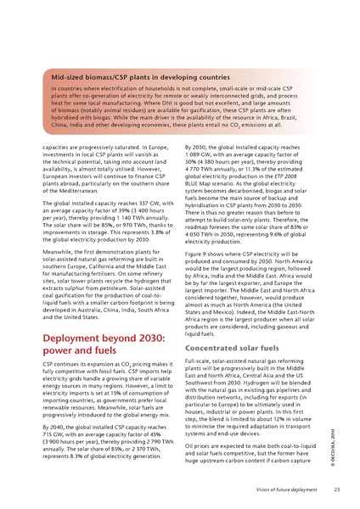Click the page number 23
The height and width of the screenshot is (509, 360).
point(336,489)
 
